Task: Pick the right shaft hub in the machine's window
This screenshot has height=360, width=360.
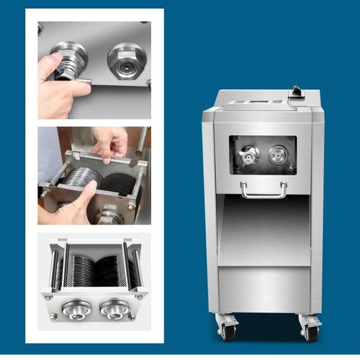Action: (x=277, y=154)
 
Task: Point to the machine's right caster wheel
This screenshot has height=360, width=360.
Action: (x=310, y=330)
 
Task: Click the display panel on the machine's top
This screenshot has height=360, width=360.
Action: (x=252, y=103)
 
